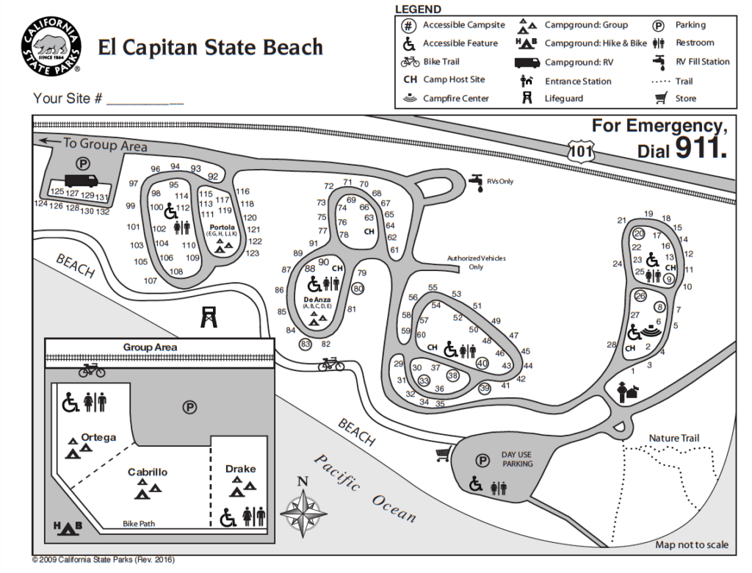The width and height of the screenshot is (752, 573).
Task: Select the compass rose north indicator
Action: (x=303, y=506)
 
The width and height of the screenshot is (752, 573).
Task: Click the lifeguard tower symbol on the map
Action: (x=209, y=317)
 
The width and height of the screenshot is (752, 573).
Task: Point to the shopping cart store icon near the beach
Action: (x=443, y=455)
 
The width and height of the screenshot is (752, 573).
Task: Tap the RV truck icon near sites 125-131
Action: (x=82, y=181)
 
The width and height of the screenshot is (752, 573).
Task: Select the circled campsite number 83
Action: (x=305, y=344)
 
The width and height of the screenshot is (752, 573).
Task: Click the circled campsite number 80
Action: (x=358, y=289)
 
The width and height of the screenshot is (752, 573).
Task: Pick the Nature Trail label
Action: (x=673, y=439)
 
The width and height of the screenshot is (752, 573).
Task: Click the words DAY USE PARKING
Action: (x=517, y=459)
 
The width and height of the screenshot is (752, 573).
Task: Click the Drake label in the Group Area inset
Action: (x=240, y=469)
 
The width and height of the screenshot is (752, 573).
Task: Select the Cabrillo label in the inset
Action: (x=148, y=472)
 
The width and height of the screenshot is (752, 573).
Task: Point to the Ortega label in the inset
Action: (x=98, y=437)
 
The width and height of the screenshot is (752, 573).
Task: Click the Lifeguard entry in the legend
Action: (x=563, y=98)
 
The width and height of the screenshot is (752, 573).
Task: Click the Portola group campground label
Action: (x=222, y=227)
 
